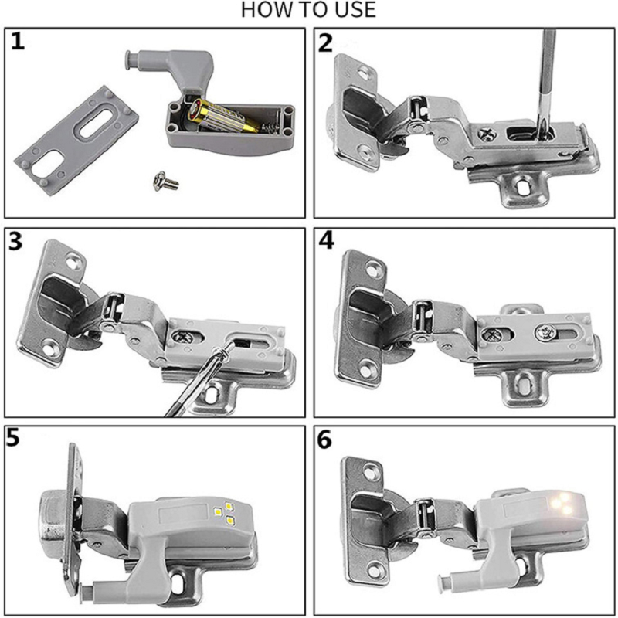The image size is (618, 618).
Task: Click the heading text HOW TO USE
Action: pos(309,10)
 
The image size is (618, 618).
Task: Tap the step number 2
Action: pos(326,42)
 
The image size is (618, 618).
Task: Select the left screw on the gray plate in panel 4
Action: pos(491,334)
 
